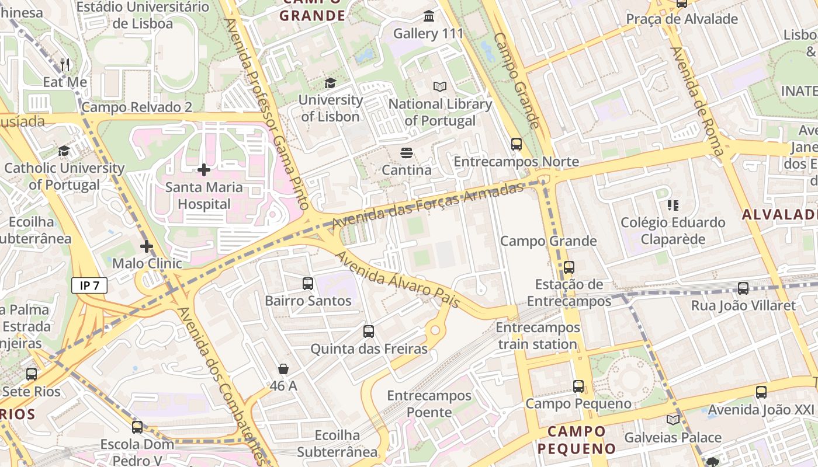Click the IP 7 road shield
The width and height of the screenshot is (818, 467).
(x=89, y=285)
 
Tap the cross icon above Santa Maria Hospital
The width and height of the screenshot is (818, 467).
(x=204, y=170)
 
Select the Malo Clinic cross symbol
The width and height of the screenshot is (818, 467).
(x=147, y=246)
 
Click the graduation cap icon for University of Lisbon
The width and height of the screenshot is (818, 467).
(x=330, y=83)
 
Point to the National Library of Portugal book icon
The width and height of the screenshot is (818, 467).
(x=440, y=87)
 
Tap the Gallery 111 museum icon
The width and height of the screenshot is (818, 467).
(x=429, y=16)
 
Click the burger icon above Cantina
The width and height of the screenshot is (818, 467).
(x=407, y=154)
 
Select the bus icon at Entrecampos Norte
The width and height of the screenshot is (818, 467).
(x=516, y=144)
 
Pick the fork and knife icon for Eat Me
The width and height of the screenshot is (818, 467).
(x=65, y=65)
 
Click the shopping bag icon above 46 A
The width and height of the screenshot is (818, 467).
(x=283, y=369)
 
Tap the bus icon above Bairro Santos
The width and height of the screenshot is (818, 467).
(x=308, y=284)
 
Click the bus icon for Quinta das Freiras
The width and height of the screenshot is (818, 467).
(x=369, y=332)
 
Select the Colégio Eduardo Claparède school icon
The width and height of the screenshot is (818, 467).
(x=673, y=205)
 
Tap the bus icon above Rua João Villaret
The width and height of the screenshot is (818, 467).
(x=743, y=288)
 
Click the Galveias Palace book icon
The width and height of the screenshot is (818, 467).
(x=673, y=420)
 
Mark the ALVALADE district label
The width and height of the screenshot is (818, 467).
(x=780, y=214)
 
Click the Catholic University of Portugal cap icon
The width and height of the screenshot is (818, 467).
(x=64, y=151)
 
